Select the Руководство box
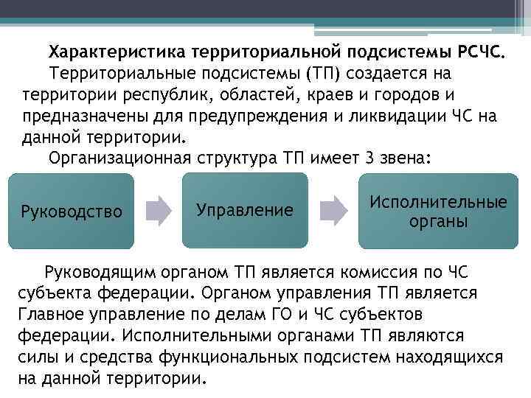pyautogui.click(x=72, y=212)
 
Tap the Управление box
pyautogui.click(x=245, y=211)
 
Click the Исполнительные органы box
pyautogui.click(x=438, y=211)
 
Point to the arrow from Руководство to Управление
pyautogui.click(x=157, y=211)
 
